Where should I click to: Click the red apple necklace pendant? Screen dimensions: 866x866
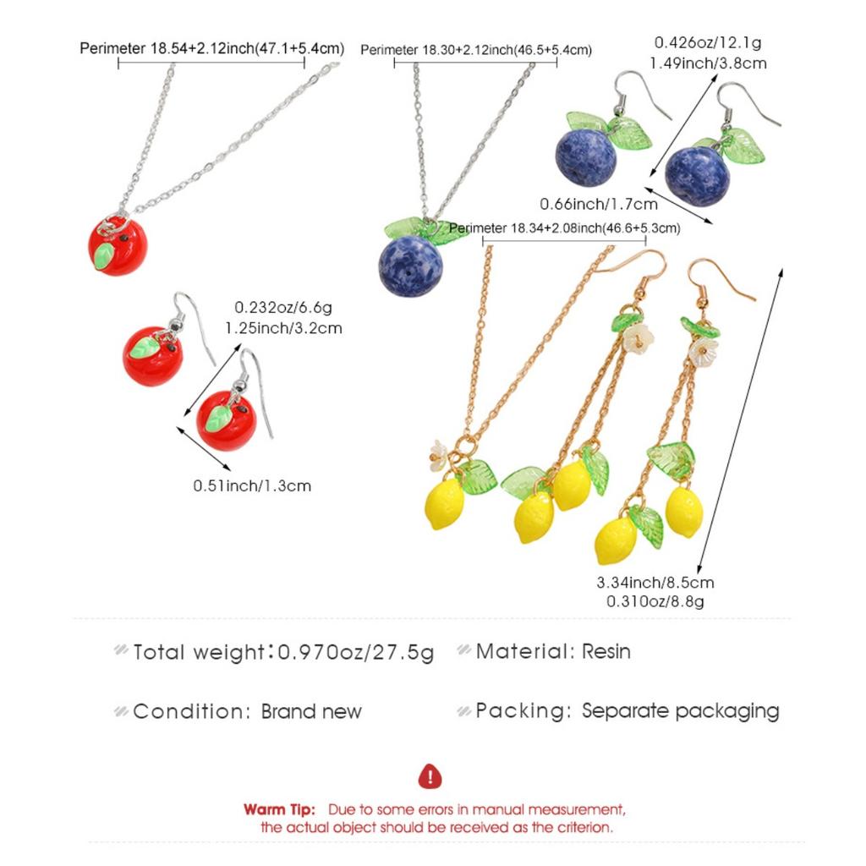coord(118,246)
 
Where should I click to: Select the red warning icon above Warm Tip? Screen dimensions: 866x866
coord(430,776)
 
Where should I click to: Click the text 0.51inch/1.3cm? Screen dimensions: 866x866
coord(252,486)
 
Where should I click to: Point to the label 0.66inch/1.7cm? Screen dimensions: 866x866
coord(599,205)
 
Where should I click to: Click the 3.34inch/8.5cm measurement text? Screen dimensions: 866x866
coord(655,583)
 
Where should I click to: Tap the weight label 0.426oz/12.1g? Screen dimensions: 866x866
coord(708,42)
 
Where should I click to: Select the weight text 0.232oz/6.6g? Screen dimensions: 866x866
coord(283,308)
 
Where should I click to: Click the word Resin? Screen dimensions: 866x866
coord(606,652)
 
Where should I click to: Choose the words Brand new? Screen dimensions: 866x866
coord(311,711)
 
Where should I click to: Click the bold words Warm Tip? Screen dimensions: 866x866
coord(279,809)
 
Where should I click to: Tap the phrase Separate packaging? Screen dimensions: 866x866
coord(681,711)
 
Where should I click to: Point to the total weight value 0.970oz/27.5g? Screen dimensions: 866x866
coord(356,652)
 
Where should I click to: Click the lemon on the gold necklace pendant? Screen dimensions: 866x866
coord(445,504)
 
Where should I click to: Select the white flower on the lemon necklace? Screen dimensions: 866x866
coord(438,455)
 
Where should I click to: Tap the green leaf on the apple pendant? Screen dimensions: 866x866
coord(104,256)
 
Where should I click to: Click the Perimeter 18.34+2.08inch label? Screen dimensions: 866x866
coord(564,228)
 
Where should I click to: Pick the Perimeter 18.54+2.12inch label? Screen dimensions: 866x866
coord(212,48)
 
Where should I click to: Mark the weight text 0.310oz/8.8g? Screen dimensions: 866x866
coord(655,601)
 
